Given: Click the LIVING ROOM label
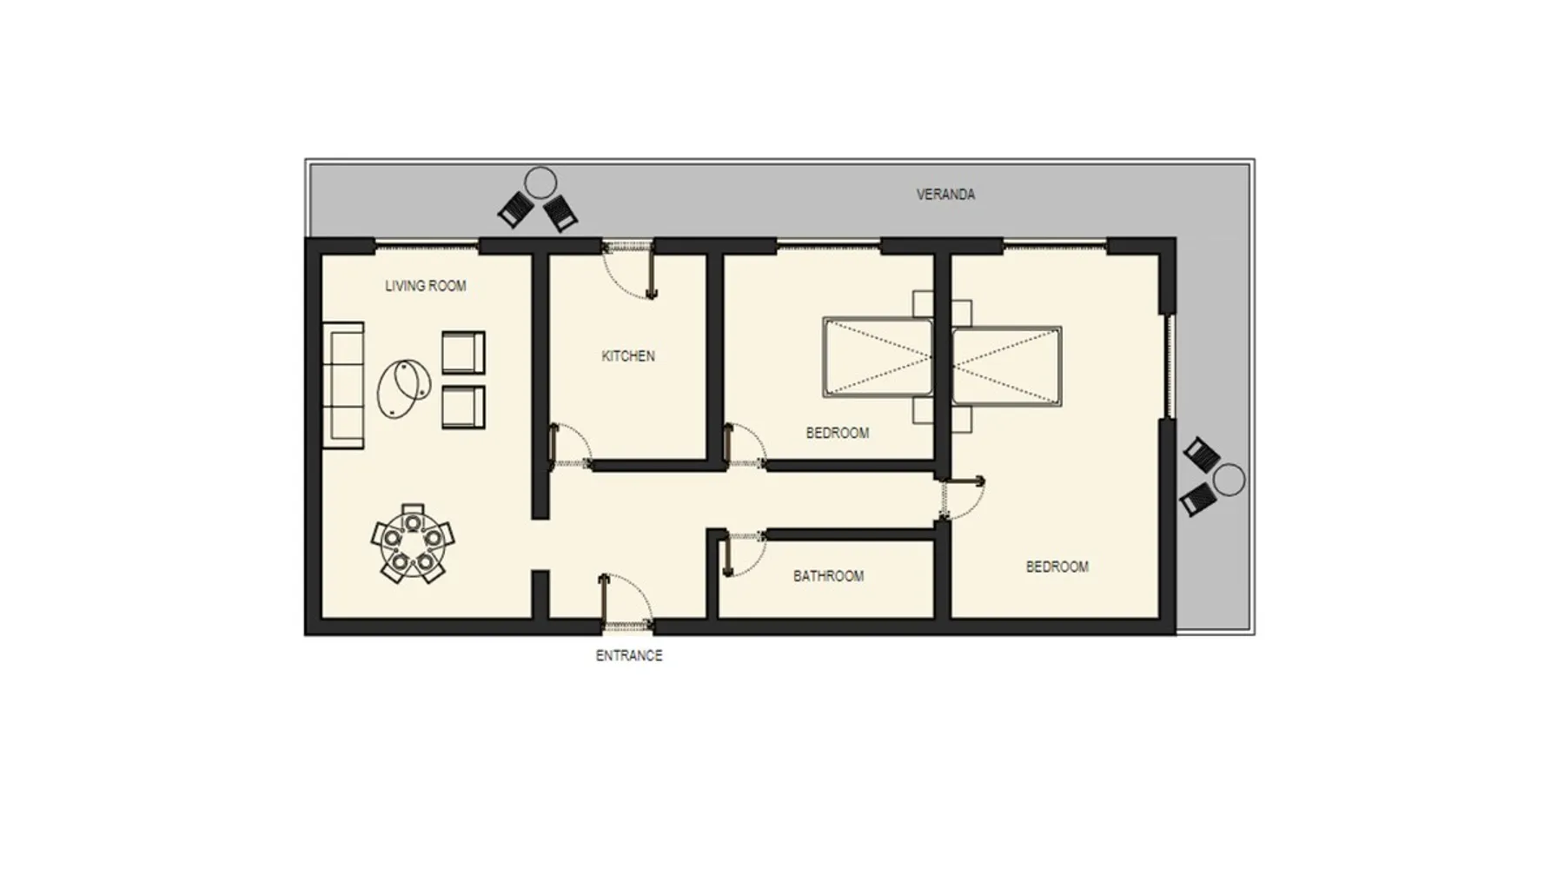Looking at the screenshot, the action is pyautogui.click(x=426, y=286).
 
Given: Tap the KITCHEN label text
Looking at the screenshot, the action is pyautogui.click(x=628, y=356).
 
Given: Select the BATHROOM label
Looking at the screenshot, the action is pyautogui.click(x=828, y=576).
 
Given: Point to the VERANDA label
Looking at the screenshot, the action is pyautogui.click(x=945, y=195).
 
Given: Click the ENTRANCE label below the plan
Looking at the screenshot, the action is pyautogui.click(x=629, y=656).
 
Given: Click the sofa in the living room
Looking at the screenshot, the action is pyautogui.click(x=343, y=386).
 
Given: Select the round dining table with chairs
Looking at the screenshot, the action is pyautogui.click(x=413, y=543).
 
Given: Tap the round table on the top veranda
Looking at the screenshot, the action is pyautogui.click(x=540, y=183).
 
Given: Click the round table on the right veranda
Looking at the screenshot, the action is pyautogui.click(x=1229, y=480).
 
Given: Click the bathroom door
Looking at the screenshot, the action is pyautogui.click(x=744, y=554).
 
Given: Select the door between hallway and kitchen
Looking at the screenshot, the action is pyautogui.click(x=570, y=447).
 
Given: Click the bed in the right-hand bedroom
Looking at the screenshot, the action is pyautogui.click(x=1007, y=366).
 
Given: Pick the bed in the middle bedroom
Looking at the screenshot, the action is pyautogui.click(x=878, y=357).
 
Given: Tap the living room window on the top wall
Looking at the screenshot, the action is pyautogui.click(x=427, y=246).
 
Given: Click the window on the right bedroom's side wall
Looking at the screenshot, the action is pyautogui.click(x=1170, y=367).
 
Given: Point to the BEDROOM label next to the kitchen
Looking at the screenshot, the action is pyautogui.click(x=838, y=433).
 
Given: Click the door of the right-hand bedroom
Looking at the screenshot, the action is pyautogui.click(x=962, y=499).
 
